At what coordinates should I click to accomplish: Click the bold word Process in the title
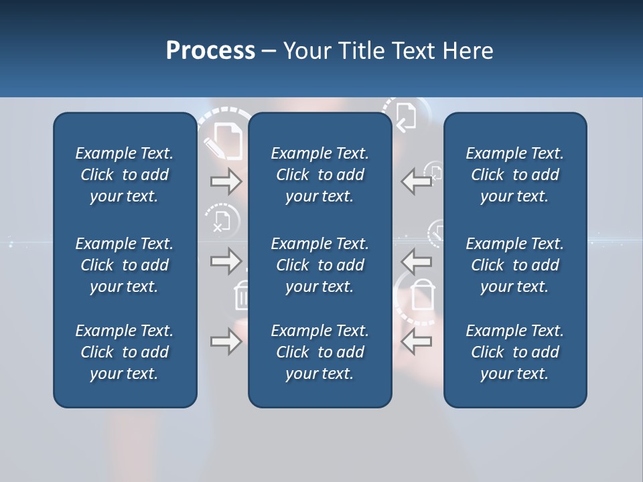point(210,51)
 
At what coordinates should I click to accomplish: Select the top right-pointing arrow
point(226,181)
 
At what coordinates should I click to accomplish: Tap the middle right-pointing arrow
point(226,260)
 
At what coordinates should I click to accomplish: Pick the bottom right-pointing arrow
point(226,342)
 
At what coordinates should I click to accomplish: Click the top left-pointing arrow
point(417,181)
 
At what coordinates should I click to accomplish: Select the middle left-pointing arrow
point(417,260)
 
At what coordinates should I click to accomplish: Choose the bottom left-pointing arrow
point(417,342)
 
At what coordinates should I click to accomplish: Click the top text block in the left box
point(125,175)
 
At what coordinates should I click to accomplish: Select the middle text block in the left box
point(125,265)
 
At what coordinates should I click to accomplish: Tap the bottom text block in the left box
point(125,352)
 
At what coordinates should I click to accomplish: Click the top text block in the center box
point(319,175)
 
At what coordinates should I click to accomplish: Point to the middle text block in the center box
point(319,265)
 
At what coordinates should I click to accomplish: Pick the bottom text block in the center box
point(319,352)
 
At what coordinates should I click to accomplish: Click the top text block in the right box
point(514,175)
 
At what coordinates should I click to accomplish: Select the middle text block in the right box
point(514,265)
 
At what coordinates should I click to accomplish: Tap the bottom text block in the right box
point(514,352)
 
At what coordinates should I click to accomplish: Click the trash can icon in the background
point(241,295)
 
